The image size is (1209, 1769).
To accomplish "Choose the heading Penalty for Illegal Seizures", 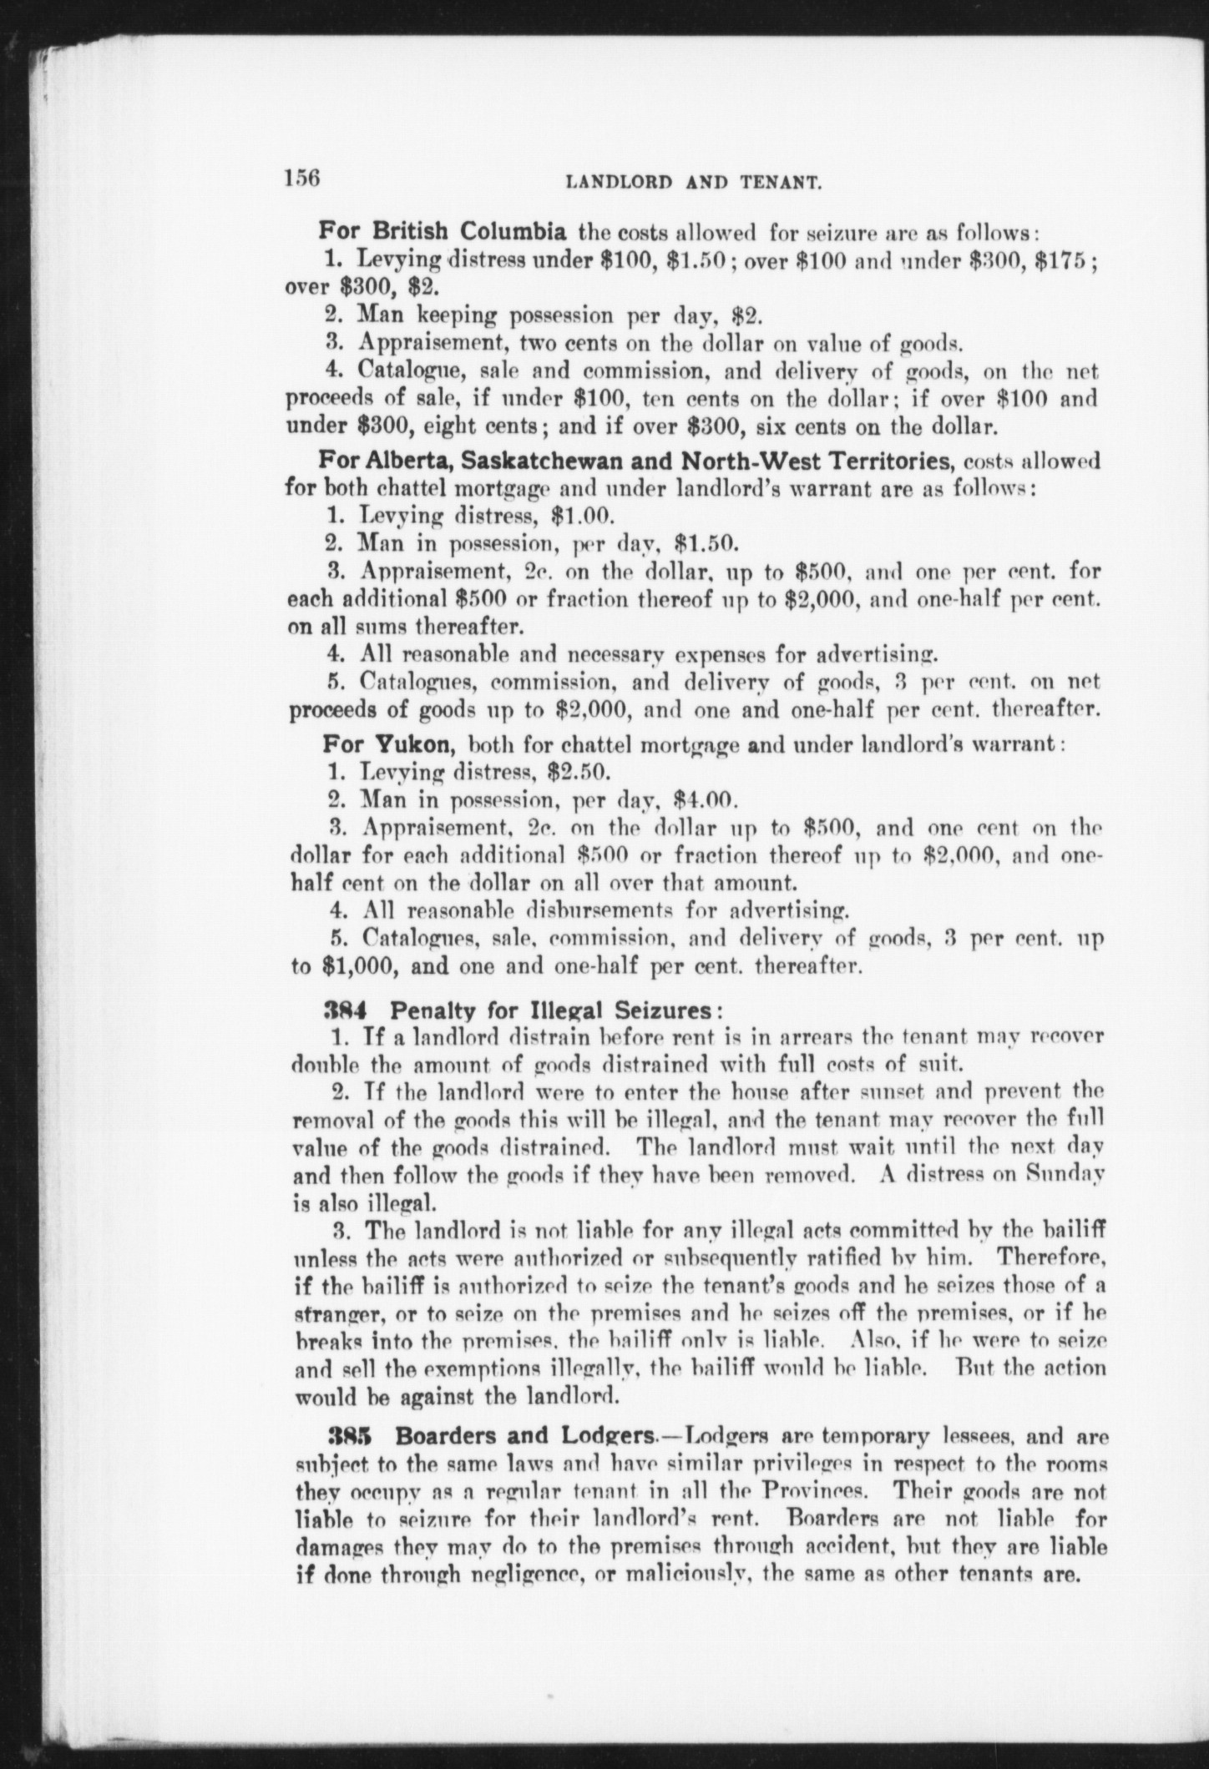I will (551, 1010).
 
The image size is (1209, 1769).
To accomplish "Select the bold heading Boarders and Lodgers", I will (524, 1435).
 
